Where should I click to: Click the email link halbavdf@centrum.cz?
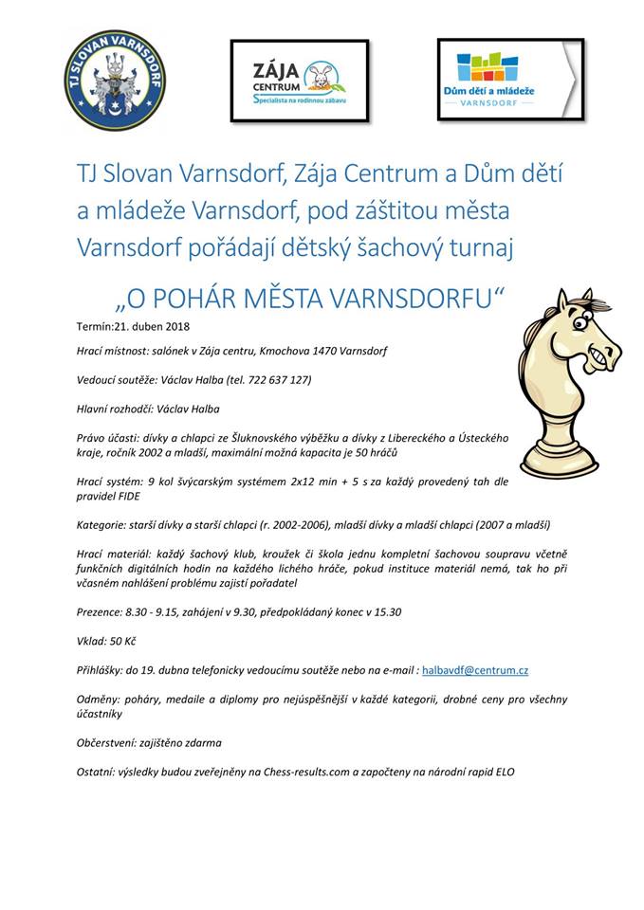click(x=475, y=669)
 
